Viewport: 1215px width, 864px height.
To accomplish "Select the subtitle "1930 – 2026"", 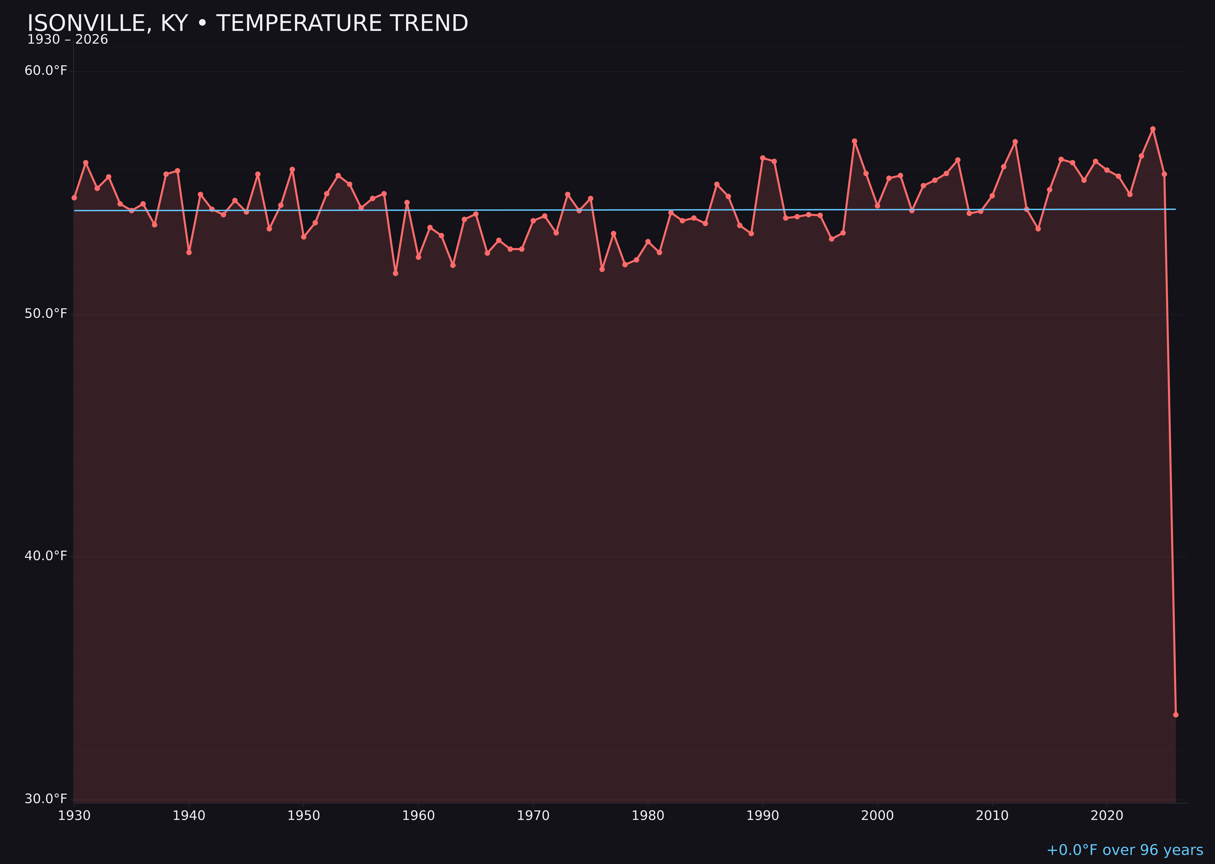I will coord(67,40).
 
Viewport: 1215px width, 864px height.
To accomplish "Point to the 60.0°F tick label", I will coord(46,71).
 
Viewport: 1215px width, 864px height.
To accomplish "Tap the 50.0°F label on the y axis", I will coord(46,313).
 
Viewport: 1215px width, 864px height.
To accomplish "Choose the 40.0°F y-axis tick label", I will coord(46,556).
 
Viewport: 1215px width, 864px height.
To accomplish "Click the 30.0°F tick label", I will coord(46,799).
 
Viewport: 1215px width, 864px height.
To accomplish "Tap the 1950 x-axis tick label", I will coord(304,816).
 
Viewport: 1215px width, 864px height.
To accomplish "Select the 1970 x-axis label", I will coord(533,816).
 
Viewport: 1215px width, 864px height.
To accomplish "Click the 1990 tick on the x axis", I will coord(762,816).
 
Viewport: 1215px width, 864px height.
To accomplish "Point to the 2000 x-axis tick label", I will coord(877,816).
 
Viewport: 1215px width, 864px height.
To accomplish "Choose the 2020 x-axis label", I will coord(1107,816).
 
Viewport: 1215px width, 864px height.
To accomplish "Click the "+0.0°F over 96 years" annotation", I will coord(1124,850).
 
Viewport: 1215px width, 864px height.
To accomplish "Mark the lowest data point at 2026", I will coord(1176,715).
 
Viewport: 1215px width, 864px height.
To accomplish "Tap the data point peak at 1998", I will coord(854,141).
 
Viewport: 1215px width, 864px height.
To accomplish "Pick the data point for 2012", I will coord(1015,142).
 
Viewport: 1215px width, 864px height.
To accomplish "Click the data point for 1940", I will coord(189,252).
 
